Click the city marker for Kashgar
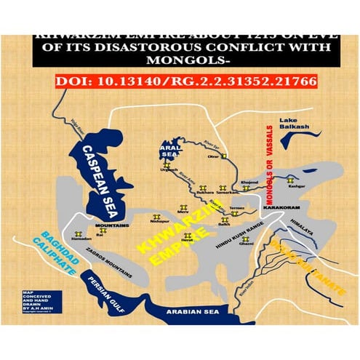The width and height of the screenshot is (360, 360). [291, 177]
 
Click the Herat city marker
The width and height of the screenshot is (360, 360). [188, 235]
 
